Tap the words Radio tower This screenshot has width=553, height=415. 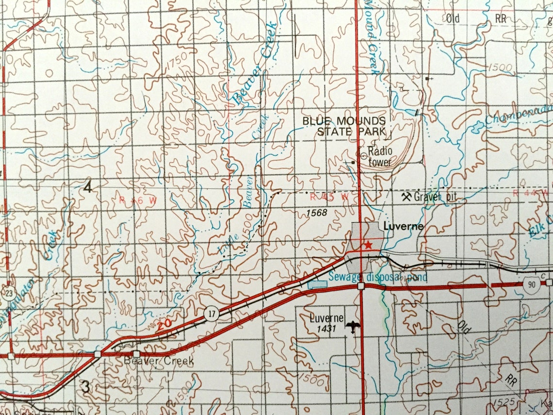(379, 157)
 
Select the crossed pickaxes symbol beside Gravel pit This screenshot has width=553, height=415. (407, 197)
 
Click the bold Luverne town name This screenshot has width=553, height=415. (404, 226)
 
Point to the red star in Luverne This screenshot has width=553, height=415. (368, 245)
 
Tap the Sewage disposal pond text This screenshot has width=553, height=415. (378, 277)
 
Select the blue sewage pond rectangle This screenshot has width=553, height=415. (318, 283)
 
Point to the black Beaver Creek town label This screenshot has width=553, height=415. (159, 361)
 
